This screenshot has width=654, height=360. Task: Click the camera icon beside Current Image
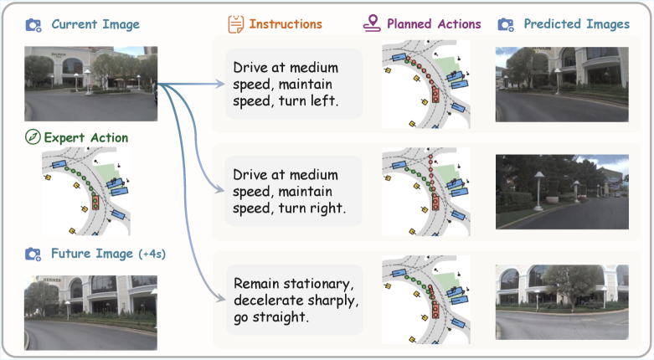point(33,25)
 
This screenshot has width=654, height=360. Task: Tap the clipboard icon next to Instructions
point(236,24)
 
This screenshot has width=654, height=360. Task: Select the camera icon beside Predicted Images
point(506,25)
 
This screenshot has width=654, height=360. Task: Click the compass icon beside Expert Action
point(33,136)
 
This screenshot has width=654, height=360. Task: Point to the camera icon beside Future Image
point(33,253)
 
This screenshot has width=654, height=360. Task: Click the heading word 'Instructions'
point(285,24)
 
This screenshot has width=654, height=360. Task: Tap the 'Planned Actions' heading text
point(434,24)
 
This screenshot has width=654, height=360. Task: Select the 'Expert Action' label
point(85,136)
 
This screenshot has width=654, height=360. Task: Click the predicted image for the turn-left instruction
point(561,85)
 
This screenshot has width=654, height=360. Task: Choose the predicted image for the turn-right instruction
point(561,192)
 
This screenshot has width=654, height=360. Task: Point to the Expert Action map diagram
point(85,189)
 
